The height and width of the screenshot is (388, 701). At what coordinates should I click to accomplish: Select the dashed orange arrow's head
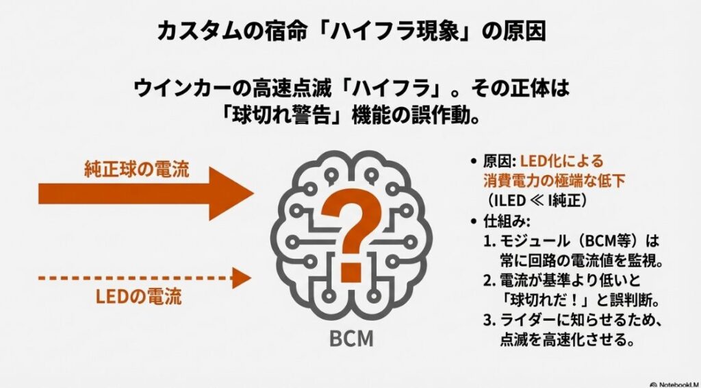coord(241,278)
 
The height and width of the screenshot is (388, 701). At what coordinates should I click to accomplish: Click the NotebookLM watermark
coord(675,384)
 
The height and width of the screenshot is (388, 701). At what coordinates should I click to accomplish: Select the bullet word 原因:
coord(499,162)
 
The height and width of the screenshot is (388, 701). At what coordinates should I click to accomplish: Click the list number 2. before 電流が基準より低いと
coord(491,281)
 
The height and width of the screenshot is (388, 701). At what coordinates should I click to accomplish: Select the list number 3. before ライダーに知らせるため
coord(491,320)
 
